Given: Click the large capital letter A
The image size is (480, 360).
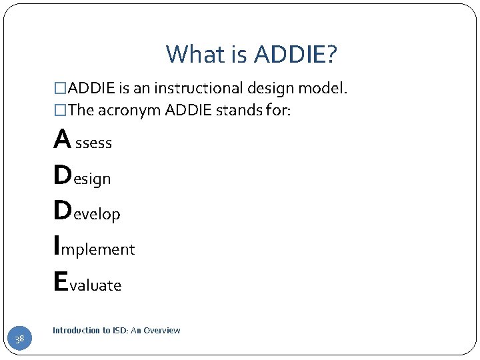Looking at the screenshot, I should click(x=63, y=140).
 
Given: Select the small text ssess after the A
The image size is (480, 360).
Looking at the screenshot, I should click(x=94, y=143).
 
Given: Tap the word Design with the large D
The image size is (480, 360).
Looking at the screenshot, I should click(x=82, y=177).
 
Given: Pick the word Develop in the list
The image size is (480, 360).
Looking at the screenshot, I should click(x=87, y=212).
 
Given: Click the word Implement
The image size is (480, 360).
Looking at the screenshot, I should click(x=94, y=248).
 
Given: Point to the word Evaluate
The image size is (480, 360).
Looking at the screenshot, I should click(x=87, y=283).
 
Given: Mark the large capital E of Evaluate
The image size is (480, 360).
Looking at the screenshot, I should click(x=60, y=282).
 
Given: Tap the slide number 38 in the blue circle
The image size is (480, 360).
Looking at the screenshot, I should click(x=20, y=340).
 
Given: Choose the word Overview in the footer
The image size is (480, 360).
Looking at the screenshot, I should click(x=164, y=331).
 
